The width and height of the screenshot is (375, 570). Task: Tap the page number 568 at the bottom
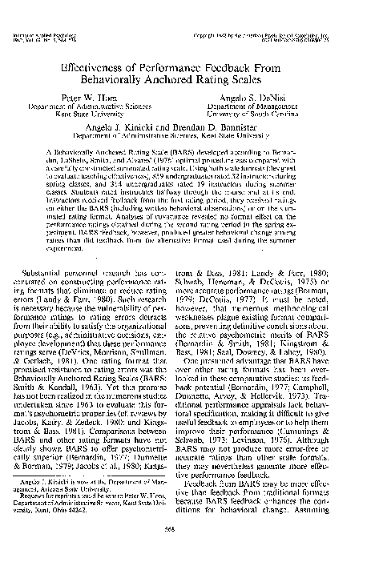pos(187,551)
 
